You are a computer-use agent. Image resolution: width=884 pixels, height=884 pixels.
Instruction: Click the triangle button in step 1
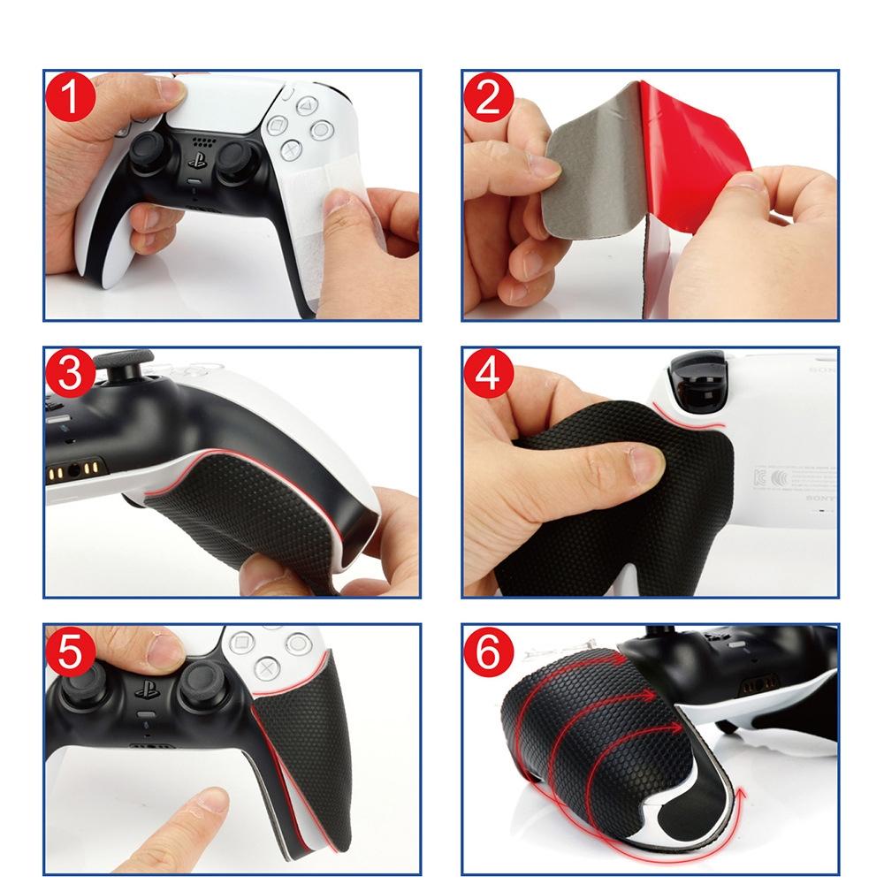tap(304, 106)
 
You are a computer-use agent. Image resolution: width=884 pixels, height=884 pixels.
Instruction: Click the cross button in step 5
tap(264, 668)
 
